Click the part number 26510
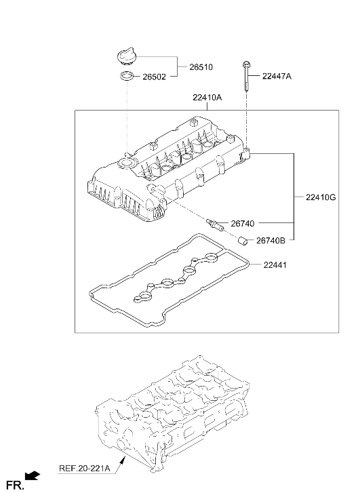pos(201,67)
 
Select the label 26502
pos(154,77)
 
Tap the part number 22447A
pos(277,76)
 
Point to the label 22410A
pos(207,98)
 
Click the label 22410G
pos(321,197)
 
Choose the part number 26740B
pos(271,241)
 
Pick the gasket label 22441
pos(275,265)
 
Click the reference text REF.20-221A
pos(85,469)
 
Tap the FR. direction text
pos(15,485)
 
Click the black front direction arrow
pos(32,475)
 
